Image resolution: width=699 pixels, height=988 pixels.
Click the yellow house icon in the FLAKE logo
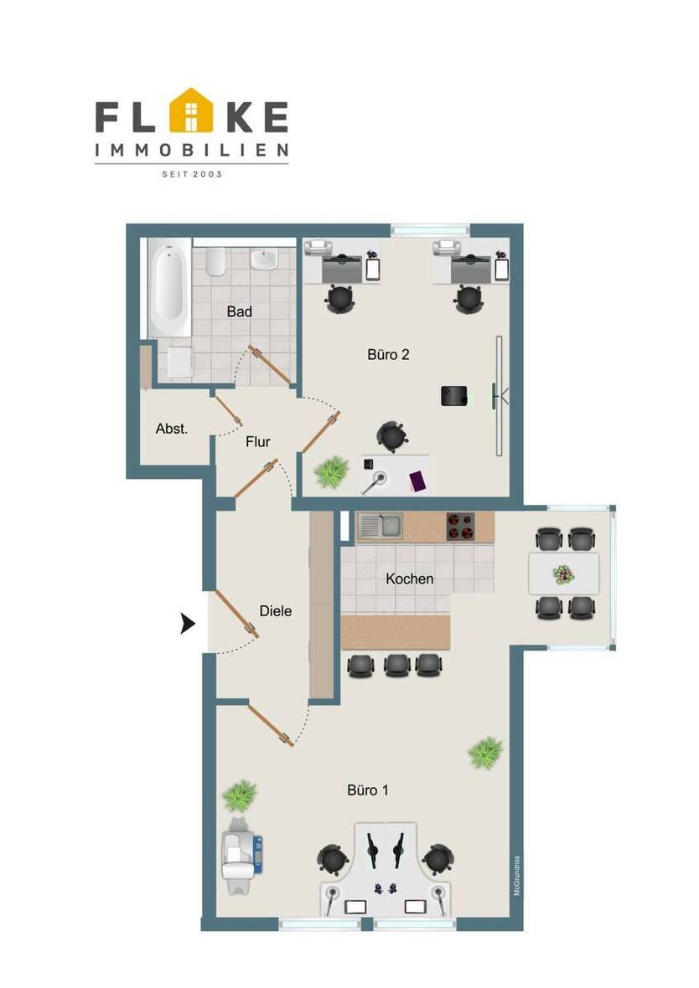[x=193, y=111]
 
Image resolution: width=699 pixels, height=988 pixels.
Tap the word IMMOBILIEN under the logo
[x=192, y=151]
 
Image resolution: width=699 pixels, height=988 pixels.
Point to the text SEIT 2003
[x=192, y=174]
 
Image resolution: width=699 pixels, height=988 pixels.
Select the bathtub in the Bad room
[x=170, y=290]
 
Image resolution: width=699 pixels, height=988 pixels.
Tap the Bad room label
[x=240, y=311]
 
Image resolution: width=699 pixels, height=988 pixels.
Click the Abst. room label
[x=172, y=429]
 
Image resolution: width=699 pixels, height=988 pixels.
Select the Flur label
[x=257, y=441]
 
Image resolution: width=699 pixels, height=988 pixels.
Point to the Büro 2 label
[x=388, y=354]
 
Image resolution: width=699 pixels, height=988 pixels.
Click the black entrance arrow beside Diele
[x=188, y=623]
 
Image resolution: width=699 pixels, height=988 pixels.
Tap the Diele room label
[x=275, y=611]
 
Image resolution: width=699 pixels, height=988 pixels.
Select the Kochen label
[x=409, y=579]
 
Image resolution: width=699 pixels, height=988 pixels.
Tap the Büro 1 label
[x=368, y=790]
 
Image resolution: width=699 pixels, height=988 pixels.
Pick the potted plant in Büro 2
[x=331, y=472]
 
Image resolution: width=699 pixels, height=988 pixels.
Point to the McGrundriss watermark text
[x=517, y=875]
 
